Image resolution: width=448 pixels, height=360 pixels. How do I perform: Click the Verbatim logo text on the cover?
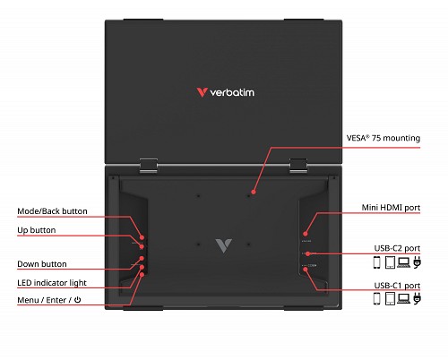232,92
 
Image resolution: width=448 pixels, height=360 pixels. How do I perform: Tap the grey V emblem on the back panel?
223,245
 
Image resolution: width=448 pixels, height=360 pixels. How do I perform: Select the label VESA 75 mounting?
383,138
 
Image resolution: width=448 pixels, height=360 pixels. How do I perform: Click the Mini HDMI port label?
391,208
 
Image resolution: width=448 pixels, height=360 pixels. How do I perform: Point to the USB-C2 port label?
397,248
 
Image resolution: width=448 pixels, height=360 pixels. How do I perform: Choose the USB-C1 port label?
397,286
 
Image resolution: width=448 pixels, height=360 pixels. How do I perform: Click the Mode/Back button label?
52,211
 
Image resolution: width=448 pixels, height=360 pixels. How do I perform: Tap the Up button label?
37,230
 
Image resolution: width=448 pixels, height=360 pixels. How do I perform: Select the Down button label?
42,264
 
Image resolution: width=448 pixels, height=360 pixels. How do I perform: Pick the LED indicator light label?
52,283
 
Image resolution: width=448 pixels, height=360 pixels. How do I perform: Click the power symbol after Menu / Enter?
77,299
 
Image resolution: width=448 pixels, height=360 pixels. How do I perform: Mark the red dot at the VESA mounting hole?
254,192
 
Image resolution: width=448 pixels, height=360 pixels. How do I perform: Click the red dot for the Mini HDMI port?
306,234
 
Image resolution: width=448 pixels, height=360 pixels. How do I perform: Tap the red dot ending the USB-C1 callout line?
306,270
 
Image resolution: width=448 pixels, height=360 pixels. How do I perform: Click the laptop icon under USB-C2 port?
404,262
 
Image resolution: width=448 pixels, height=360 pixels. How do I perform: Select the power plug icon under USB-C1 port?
418,299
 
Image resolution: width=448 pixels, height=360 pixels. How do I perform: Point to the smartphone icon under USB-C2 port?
377,262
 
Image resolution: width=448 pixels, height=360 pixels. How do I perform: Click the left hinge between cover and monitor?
149,166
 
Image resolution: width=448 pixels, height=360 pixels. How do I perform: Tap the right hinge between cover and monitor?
298,166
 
